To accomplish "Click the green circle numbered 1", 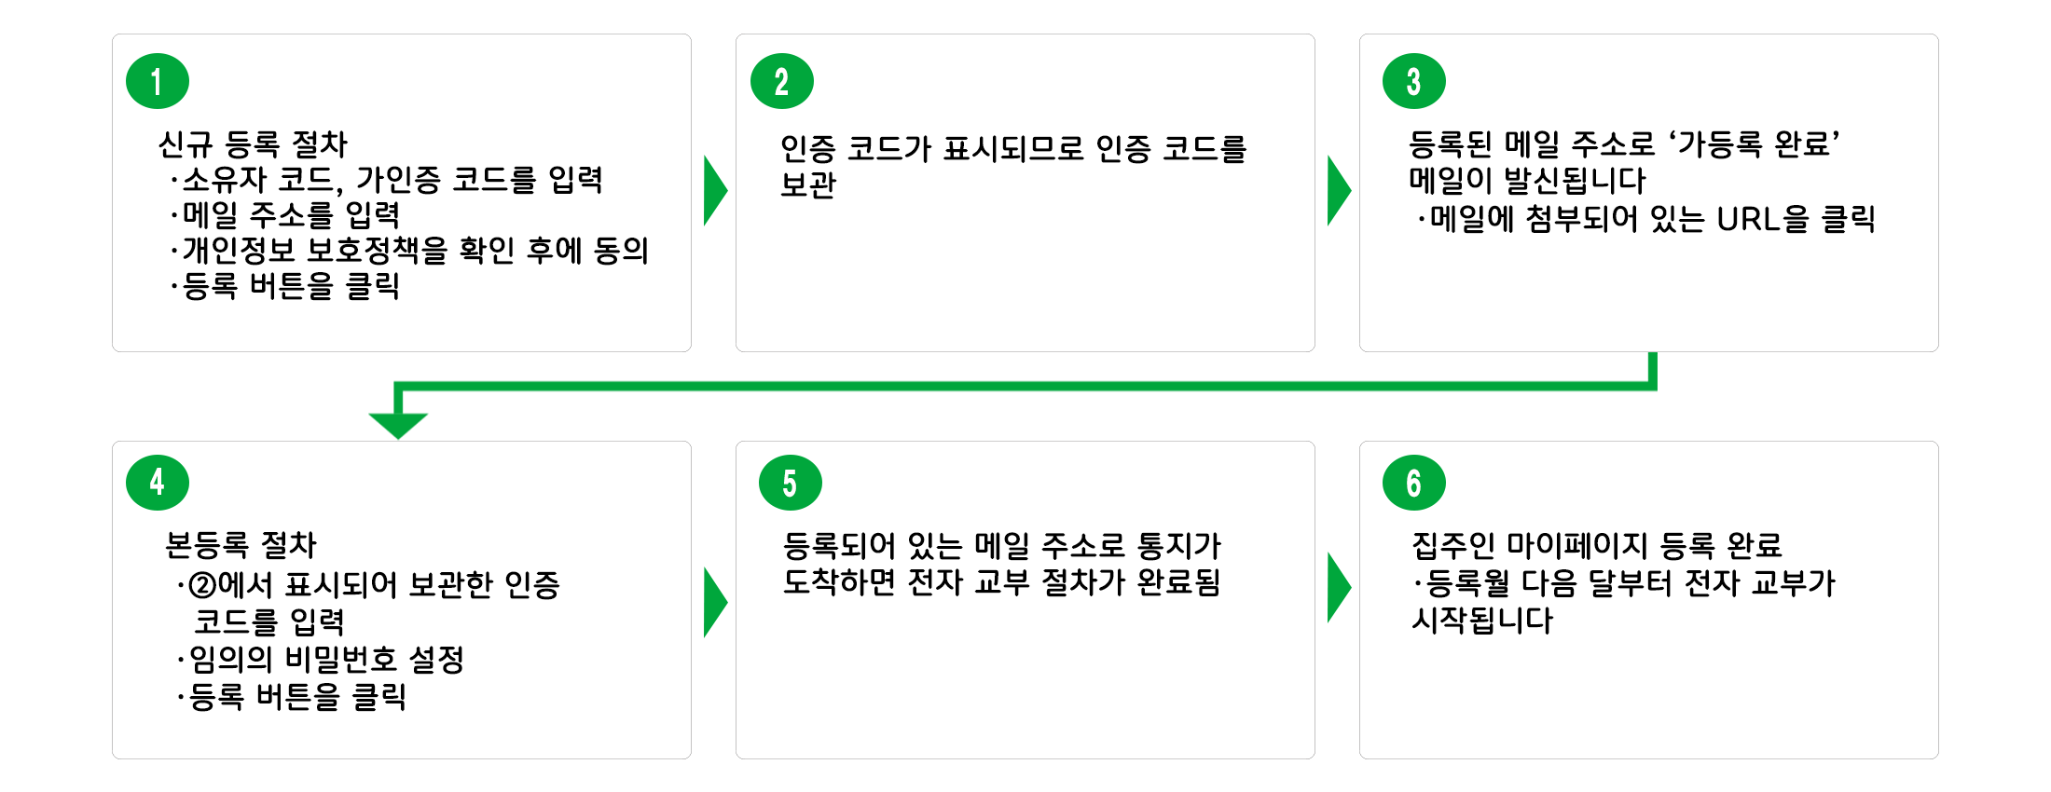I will [x=158, y=81].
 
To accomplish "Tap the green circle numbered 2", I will [x=781, y=81].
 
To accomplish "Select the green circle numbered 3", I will [x=1413, y=81].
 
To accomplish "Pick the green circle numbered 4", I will [x=158, y=482].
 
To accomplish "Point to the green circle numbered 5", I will [x=790, y=483].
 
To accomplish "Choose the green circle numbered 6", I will [x=1413, y=483].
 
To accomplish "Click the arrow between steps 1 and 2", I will [x=714, y=190].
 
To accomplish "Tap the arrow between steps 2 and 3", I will [x=1338, y=190].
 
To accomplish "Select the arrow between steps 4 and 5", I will [x=714, y=602].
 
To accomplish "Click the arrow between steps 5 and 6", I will [x=1338, y=588].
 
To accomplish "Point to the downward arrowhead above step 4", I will [x=398, y=425].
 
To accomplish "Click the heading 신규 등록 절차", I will [x=253, y=144].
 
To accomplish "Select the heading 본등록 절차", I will [x=241, y=545].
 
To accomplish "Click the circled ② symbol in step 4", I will [x=202, y=585].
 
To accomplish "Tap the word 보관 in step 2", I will [x=808, y=184].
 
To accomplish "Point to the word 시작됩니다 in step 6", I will [x=1482, y=621].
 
